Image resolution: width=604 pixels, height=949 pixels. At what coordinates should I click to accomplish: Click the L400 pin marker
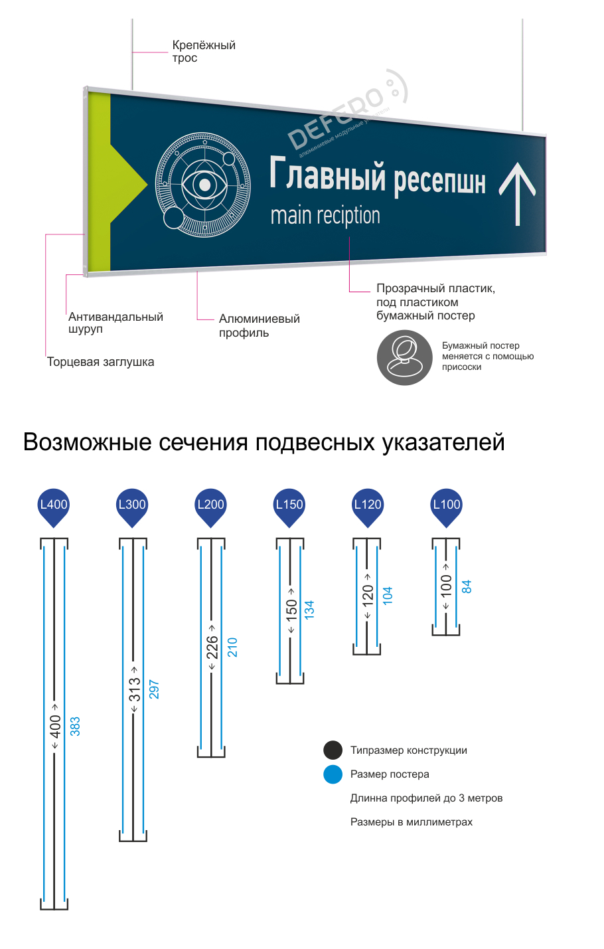point(53,507)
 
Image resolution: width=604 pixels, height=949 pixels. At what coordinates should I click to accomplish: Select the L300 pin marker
point(132,507)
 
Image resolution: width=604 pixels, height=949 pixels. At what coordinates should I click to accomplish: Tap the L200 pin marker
point(210,507)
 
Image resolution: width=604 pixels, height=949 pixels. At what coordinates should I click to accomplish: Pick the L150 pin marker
point(289,507)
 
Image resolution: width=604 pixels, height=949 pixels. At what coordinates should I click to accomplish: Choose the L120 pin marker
point(368,507)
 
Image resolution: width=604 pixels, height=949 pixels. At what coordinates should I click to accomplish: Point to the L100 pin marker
point(446,507)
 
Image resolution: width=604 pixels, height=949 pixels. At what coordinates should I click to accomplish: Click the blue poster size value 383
point(75,727)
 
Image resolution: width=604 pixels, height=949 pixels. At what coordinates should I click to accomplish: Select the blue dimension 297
point(154,689)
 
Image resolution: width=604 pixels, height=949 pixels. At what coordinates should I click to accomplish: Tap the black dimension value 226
point(212,647)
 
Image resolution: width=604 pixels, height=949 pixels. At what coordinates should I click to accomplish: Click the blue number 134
point(309,610)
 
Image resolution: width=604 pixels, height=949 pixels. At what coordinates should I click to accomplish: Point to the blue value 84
point(467,587)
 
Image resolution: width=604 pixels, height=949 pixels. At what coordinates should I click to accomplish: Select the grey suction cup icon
point(404,357)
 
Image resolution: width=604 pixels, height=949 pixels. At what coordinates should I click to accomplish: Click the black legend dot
point(333,750)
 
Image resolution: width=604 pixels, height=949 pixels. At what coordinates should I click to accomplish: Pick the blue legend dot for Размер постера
point(333,774)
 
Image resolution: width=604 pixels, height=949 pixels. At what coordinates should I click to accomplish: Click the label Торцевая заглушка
point(100,362)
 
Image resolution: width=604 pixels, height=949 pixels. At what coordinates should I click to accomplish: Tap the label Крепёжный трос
point(204,51)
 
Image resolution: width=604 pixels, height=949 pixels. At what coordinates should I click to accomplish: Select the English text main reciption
point(325,216)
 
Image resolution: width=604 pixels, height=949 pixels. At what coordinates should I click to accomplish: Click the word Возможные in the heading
point(87,442)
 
